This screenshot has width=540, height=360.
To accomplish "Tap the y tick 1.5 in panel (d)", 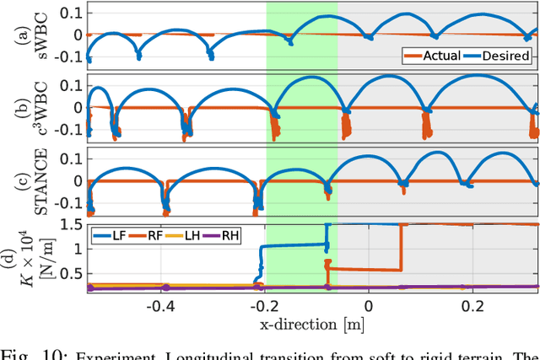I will pyautogui.click(x=74, y=226).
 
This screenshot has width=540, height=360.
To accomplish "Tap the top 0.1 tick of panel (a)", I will pyautogui.click(x=74, y=13).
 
